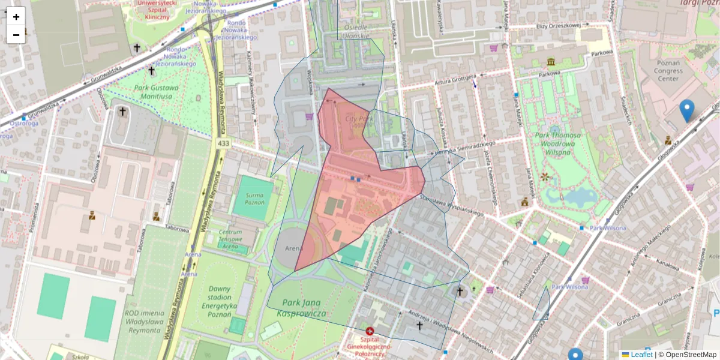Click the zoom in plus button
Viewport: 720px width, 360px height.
[16, 17]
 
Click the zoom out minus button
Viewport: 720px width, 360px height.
[16, 35]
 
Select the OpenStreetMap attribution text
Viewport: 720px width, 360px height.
[690, 355]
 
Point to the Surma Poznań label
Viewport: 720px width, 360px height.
[254, 199]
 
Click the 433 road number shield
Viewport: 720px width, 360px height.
[224, 143]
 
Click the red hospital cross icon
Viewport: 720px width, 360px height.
[370, 331]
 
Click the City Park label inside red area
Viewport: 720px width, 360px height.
[360, 122]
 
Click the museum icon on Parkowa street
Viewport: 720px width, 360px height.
[550, 62]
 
